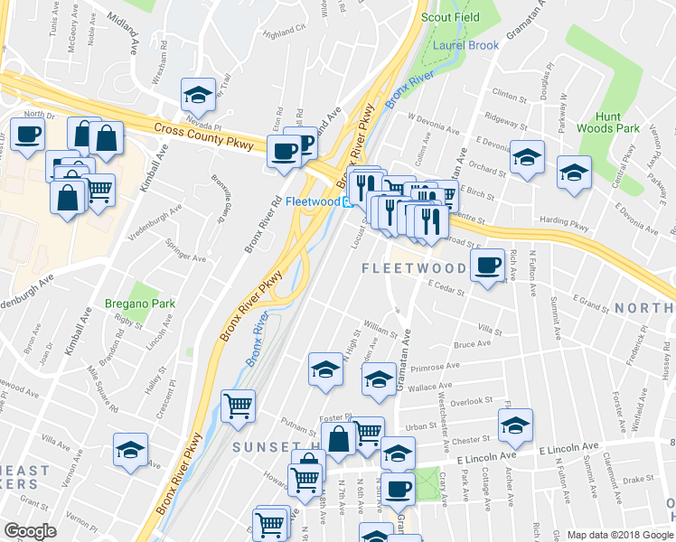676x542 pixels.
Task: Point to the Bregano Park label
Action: pyautogui.click(x=139, y=305)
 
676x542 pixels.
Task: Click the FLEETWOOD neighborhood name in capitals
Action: pyautogui.click(x=414, y=268)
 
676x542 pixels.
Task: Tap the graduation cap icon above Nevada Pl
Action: pyautogui.click(x=197, y=94)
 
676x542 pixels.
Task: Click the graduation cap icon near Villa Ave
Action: pyautogui.click(x=131, y=448)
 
